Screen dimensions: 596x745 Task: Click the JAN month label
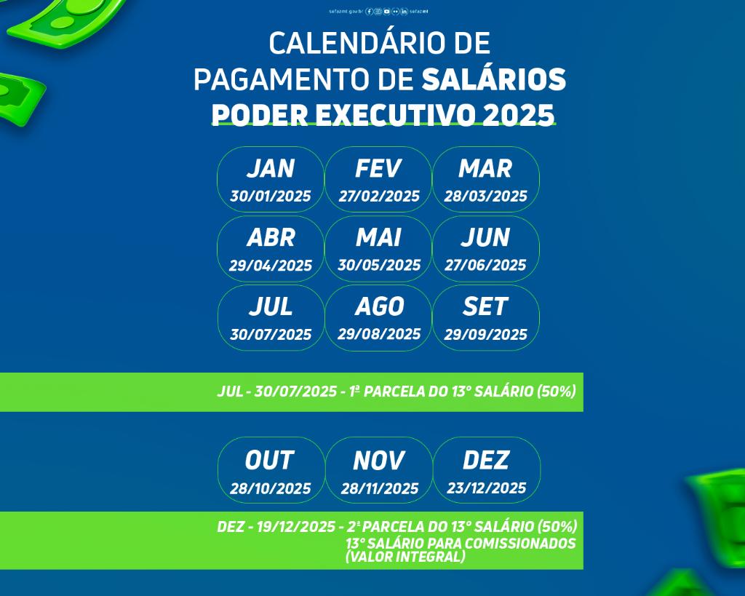point(270,169)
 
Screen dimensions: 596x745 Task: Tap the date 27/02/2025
point(379,196)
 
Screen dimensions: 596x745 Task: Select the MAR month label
point(485,169)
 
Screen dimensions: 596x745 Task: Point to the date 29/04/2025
point(271,266)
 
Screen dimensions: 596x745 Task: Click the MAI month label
point(378,238)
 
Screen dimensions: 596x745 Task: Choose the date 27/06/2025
point(486,266)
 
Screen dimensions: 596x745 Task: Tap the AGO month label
point(379,307)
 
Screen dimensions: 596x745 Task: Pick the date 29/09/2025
point(486,335)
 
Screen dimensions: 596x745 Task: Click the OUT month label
point(269,461)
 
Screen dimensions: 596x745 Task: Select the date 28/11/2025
point(380,489)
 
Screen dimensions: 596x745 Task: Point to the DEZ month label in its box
point(486,461)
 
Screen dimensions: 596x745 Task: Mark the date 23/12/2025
point(487,488)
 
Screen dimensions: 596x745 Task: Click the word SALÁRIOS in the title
point(493,80)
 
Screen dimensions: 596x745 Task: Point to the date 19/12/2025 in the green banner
point(296,527)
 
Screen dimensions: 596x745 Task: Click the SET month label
point(485,307)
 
